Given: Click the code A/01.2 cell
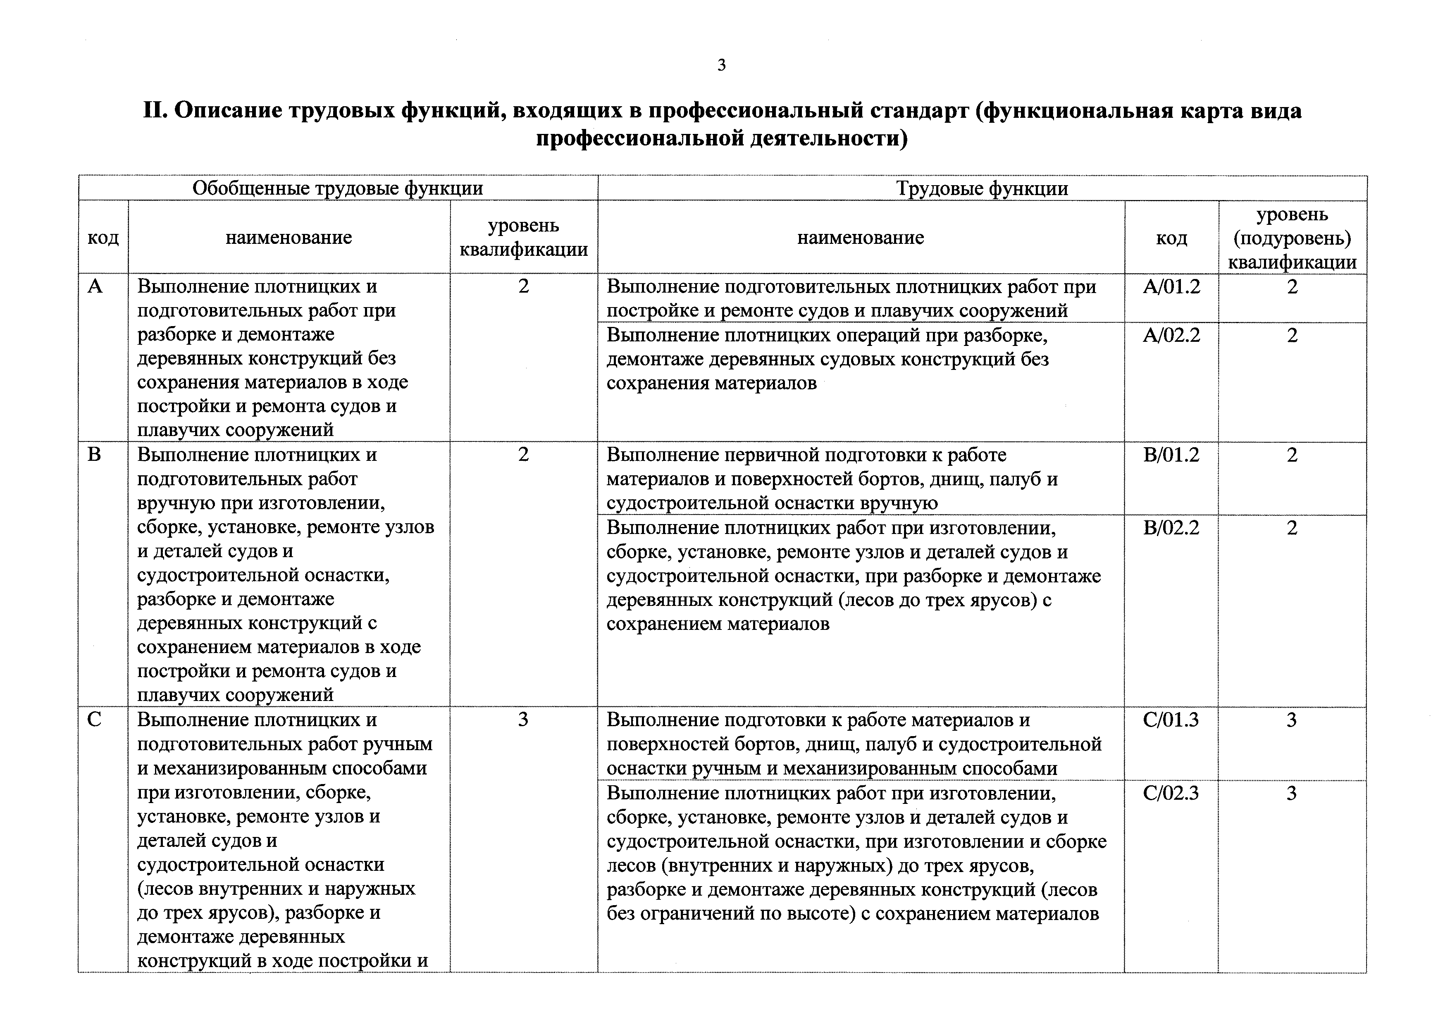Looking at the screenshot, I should click(1171, 287).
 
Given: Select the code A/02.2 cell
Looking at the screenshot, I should click(1171, 335).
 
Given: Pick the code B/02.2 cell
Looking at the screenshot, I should click(1171, 527).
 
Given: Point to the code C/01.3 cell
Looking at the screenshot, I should click(1171, 720).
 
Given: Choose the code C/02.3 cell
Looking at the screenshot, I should click(1171, 793).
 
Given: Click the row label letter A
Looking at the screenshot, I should click(95, 287).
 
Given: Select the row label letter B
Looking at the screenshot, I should click(94, 455).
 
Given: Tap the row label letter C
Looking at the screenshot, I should click(94, 720).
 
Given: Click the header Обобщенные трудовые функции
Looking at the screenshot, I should click(337, 188).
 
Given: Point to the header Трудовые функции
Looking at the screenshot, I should click(982, 188).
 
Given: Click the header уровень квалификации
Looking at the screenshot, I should click(524, 238).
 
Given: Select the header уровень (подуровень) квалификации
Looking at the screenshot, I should click(1292, 238).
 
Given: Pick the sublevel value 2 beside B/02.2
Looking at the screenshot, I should click(1292, 527).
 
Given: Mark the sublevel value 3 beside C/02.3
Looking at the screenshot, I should click(1292, 793).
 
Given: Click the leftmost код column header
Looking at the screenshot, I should click(103, 238).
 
